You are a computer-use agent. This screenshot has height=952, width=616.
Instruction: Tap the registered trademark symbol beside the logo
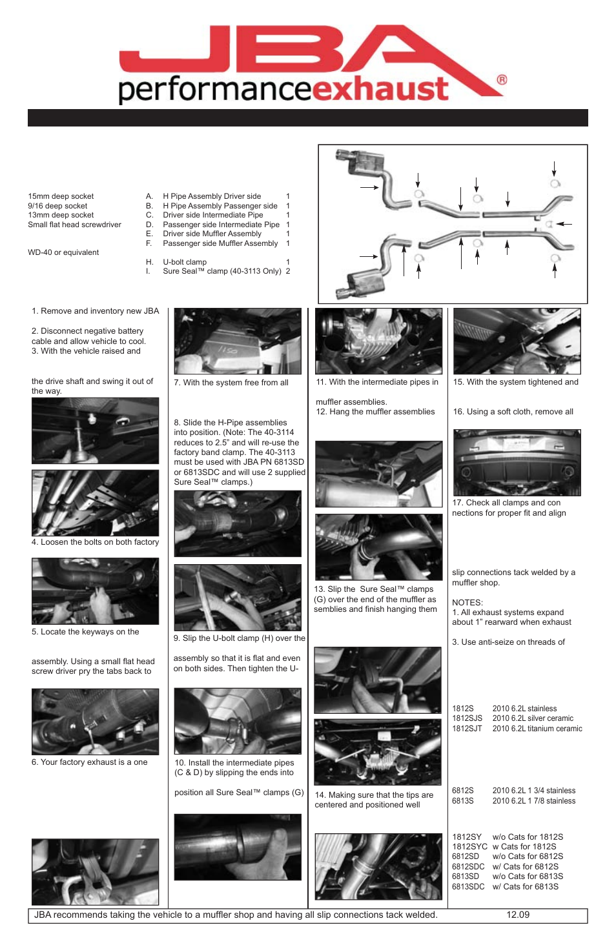pyautogui.click(x=502, y=80)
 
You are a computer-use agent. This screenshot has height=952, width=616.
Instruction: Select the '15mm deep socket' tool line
pyautogui.click(x=61, y=196)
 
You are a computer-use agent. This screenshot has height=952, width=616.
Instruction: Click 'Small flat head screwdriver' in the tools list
pyautogui.click(x=74, y=225)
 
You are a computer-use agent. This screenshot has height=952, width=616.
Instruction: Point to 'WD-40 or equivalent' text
pyautogui.click(x=63, y=252)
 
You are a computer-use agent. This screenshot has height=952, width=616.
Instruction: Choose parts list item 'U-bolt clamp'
pyautogui.click(x=185, y=262)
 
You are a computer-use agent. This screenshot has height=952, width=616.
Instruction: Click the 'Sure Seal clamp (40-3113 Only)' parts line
pyautogui.click(x=221, y=271)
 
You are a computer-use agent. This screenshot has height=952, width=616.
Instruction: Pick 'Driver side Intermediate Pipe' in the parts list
pyautogui.click(x=212, y=215)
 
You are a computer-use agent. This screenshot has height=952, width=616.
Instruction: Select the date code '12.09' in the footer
pyautogui.click(x=518, y=915)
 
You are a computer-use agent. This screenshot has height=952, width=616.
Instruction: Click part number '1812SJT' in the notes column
pyautogui.click(x=467, y=729)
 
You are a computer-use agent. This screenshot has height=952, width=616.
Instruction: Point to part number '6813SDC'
pyautogui.click(x=468, y=887)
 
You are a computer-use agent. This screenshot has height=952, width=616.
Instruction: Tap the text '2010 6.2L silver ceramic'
pyautogui.click(x=533, y=718)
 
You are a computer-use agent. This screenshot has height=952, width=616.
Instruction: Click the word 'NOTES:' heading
pyautogui.click(x=467, y=602)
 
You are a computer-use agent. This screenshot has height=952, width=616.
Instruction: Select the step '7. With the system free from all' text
pyautogui.click(x=231, y=383)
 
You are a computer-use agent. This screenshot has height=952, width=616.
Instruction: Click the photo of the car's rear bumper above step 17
pyautogui.click(x=517, y=462)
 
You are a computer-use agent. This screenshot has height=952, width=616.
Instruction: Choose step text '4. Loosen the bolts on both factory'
pyautogui.click(x=95, y=542)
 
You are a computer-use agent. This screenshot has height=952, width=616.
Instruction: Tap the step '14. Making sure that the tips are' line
pyautogui.click(x=374, y=795)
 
